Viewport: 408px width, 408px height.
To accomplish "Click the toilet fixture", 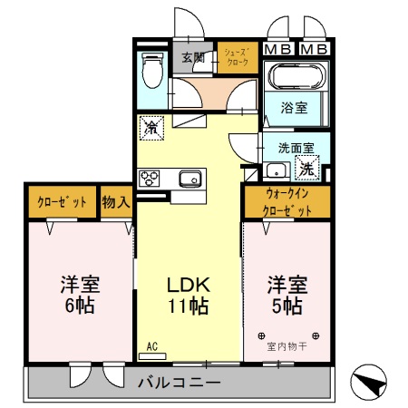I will [x=152, y=71].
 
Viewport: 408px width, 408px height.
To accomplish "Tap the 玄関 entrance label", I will [x=192, y=58].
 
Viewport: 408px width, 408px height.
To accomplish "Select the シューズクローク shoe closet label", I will [x=238, y=58].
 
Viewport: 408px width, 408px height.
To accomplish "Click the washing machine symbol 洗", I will [x=308, y=168].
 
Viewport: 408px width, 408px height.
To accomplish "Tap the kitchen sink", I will [x=189, y=177].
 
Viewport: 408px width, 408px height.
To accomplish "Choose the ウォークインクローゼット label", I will [x=287, y=202].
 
